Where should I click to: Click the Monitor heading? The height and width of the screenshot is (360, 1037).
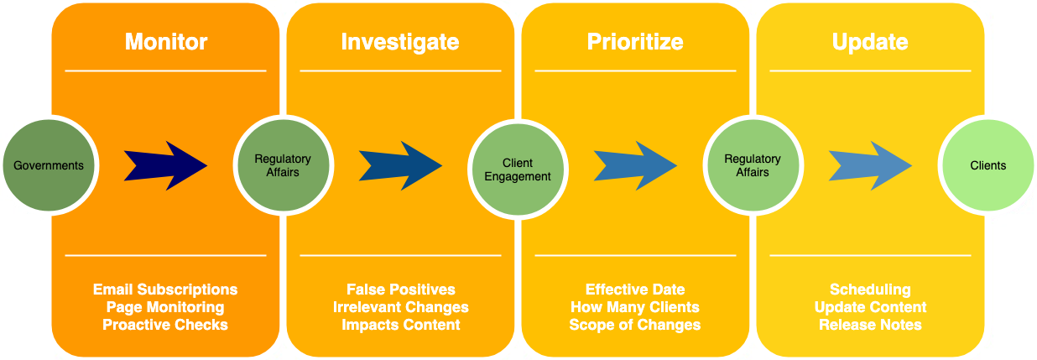pyautogui.click(x=166, y=42)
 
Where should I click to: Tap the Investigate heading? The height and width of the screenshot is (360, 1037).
pyautogui.click(x=400, y=42)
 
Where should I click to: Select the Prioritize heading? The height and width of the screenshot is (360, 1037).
pyautogui.click(x=635, y=42)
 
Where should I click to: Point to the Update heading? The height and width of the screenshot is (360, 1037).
pyautogui.click(x=870, y=42)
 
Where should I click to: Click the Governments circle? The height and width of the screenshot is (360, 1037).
pyautogui.click(x=49, y=165)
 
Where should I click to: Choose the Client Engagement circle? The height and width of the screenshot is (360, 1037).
pyautogui.click(x=518, y=170)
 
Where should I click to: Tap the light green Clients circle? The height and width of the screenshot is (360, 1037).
pyautogui.click(x=988, y=165)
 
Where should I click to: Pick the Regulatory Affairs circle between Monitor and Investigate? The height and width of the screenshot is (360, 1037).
pyautogui.click(x=284, y=165)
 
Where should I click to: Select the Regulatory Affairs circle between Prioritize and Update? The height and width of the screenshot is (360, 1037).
pyautogui.click(x=753, y=165)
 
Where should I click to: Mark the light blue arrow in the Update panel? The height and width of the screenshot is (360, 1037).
pyautogui.click(x=871, y=165)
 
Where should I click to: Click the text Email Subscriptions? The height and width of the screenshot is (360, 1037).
pyautogui.click(x=165, y=290)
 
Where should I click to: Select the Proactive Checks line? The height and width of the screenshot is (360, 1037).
pyautogui.click(x=165, y=325)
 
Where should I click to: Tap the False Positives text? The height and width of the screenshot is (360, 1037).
pyautogui.click(x=401, y=290)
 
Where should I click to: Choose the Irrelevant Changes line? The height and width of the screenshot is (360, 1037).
pyautogui.click(x=401, y=307)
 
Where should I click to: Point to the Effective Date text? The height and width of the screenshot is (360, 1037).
pyautogui.click(x=635, y=290)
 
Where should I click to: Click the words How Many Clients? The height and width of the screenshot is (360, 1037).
pyautogui.click(x=635, y=307)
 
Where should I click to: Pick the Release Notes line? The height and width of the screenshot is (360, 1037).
pyautogui.click(x=870, y=325)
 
